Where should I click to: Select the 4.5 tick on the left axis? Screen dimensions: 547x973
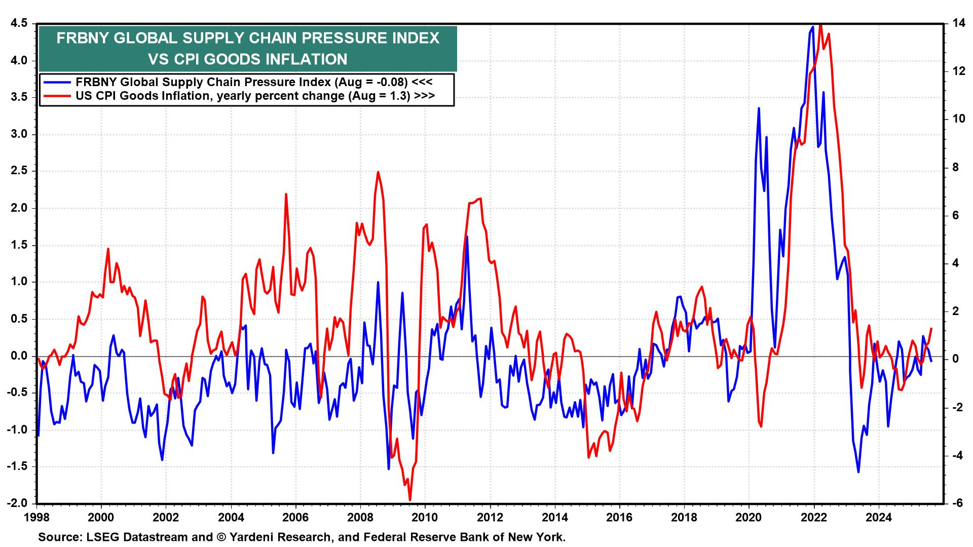pos(18,24)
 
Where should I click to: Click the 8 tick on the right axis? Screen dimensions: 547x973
pos(955,168)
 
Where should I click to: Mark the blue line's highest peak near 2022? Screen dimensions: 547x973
pos(812,27)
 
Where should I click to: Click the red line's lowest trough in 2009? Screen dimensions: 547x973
pos(409,500)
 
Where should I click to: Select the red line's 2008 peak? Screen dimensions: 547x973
pos(378,172)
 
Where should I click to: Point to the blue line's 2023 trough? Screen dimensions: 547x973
pos(858,472)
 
